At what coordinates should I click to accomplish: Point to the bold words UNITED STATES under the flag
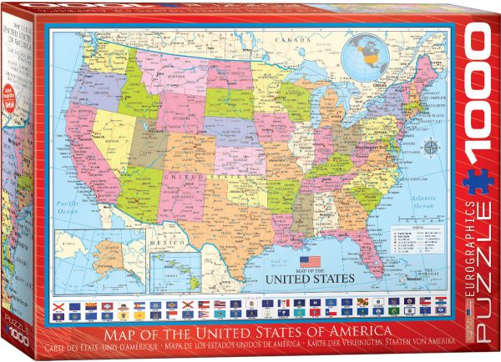point(310,278)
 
